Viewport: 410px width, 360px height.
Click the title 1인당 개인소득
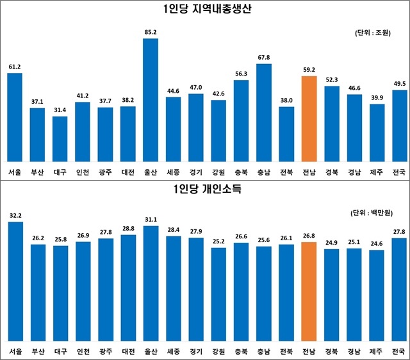coord(205,190)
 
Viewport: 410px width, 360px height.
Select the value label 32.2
coord(15,216)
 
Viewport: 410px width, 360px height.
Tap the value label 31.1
coord(151,220)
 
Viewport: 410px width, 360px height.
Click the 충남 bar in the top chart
coord(263,112)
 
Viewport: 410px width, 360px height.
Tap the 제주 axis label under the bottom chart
coord(377,352)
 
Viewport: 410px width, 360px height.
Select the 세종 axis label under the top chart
coord(173,172)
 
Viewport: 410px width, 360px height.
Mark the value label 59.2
coord(309,68)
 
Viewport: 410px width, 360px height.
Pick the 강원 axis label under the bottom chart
coord(218,352)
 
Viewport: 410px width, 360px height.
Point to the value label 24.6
coord(377,243)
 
